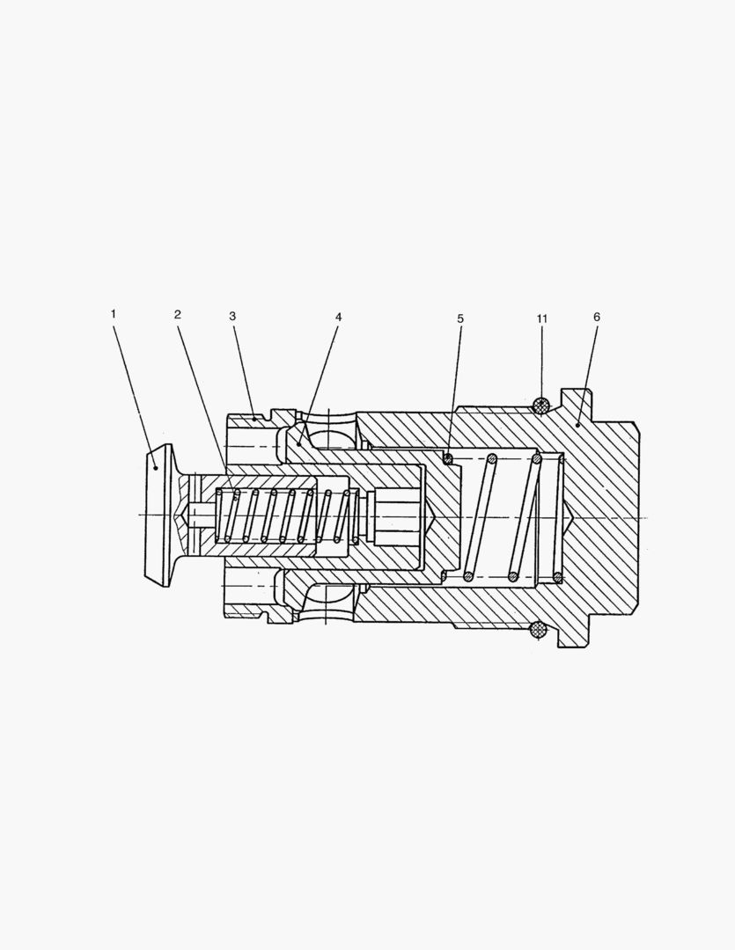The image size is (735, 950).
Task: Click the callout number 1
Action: tap(113, 314)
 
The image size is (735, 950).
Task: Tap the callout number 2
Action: tap(177, 314)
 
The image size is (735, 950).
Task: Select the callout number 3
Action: tap(232, 316)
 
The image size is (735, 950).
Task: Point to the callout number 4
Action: tap(338, 317)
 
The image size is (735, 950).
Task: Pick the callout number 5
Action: tap(460, 318)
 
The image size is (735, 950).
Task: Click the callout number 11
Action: tap(542, 318)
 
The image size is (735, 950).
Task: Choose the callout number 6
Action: tap(597, 317)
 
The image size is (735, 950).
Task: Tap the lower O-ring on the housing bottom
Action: tap(538, 630)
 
